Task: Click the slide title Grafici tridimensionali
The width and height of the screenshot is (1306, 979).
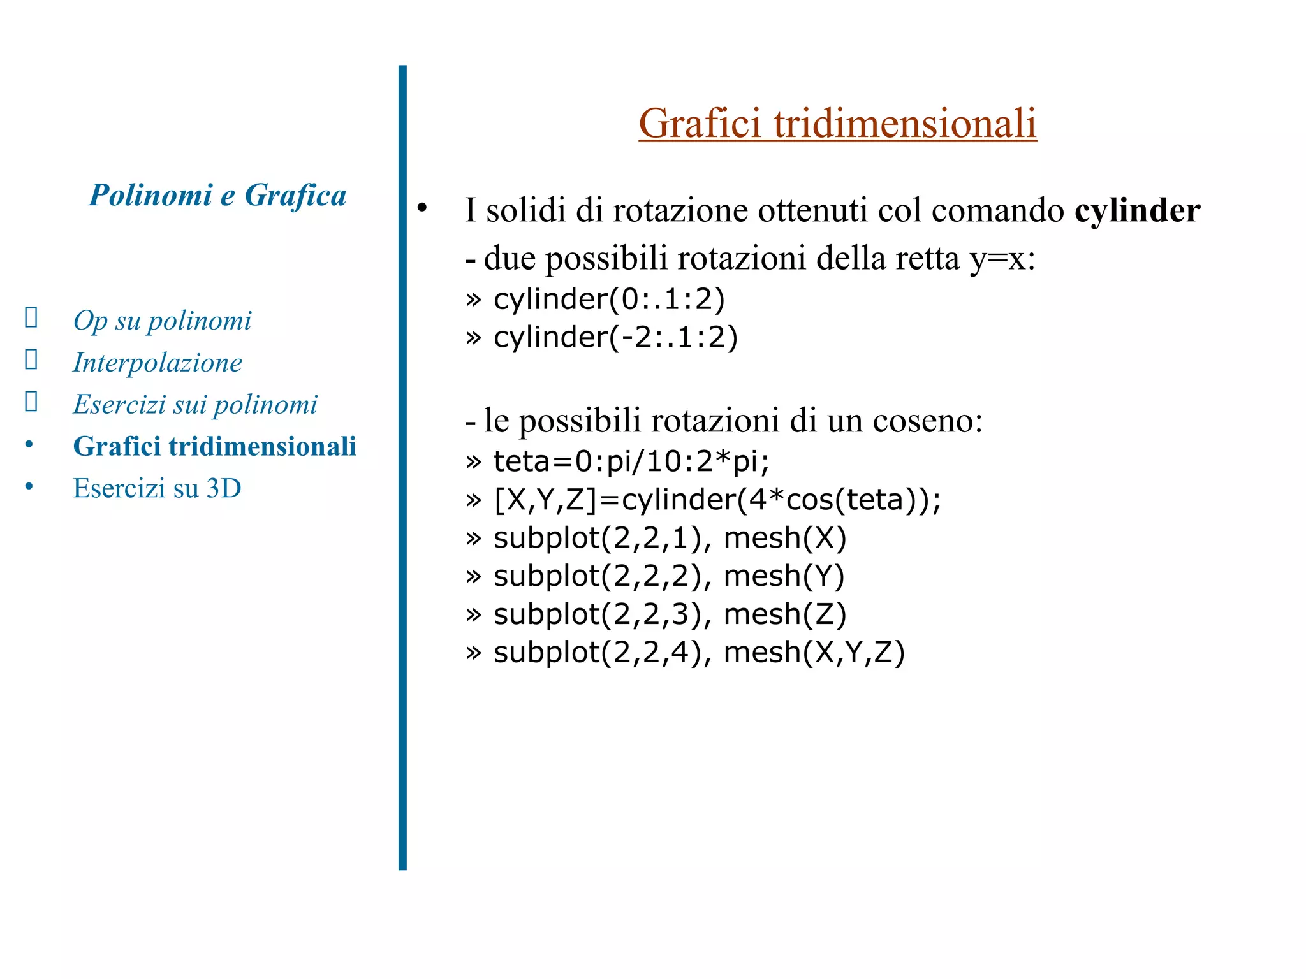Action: pos(837,123)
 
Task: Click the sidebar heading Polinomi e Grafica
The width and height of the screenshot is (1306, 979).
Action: pos(217,195)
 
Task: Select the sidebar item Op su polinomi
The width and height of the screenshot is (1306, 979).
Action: pos(162,321)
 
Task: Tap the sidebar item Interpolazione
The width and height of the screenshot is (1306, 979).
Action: pos(158,363)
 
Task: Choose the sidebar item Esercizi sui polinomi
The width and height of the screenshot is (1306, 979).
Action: pos(195,405)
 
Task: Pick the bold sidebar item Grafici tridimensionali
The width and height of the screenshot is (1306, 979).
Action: pos(214,446)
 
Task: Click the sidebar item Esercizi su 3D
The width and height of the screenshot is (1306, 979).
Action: pos(157,488)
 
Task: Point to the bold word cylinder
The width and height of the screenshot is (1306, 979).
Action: pos(1137,210)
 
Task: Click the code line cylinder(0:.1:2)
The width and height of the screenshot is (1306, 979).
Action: pos(609,299)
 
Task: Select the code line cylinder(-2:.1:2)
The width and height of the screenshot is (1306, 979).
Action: pos(615,337)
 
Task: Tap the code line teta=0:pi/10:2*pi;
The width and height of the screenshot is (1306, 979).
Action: pos(631,461)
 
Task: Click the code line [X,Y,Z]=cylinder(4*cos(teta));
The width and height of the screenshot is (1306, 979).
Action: pos(717,499)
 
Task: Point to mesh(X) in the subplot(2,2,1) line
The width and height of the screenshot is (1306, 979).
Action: pos(785,538)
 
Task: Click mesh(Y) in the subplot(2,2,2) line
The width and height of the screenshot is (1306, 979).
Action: pos(784,576)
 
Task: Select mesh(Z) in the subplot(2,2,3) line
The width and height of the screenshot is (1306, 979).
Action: pos(785,614)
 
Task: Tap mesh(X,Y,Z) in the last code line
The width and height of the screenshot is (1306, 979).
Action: pos(814,653)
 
